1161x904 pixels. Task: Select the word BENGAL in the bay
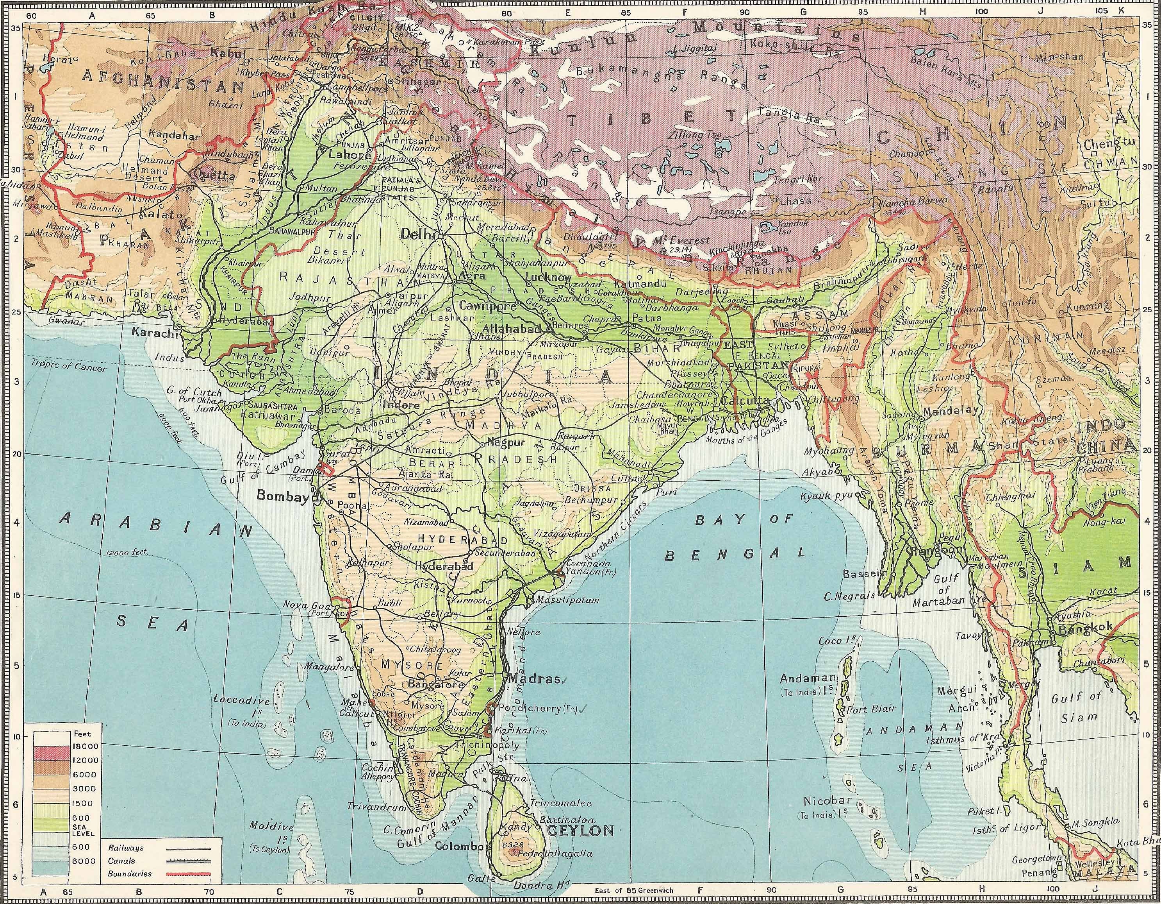tap(736, 554)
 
